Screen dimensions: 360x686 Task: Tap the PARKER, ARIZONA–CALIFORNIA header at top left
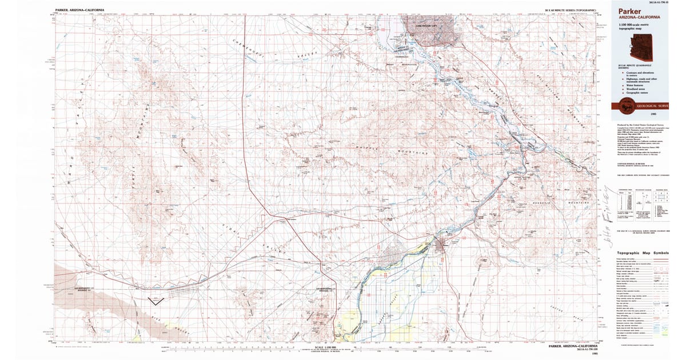coord(79,10)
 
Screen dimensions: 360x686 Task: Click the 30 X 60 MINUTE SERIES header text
coord(571,10)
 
